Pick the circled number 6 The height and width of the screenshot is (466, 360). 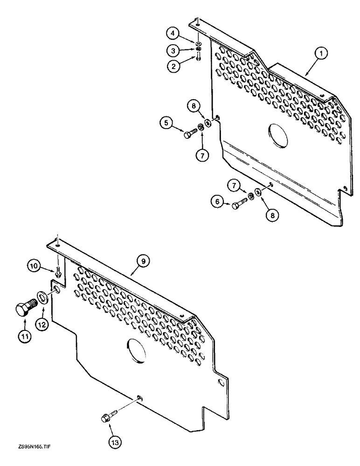coord(216,202)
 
